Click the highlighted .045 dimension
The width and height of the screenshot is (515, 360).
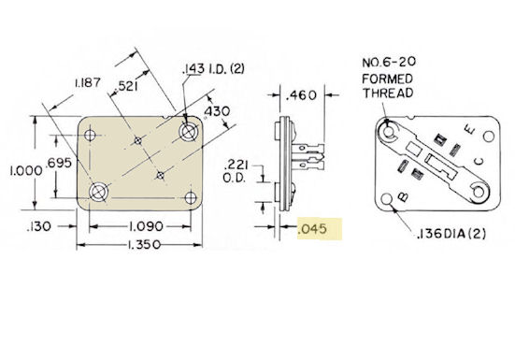tap(312, 229)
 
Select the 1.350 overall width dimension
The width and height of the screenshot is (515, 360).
tap(144, 245)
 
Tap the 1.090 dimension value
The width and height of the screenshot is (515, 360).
tap(146, 226)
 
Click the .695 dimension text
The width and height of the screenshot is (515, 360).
tap(59, 163)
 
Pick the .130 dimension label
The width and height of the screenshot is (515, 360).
tap(38, 226)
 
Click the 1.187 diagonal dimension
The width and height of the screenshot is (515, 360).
tap(87, 83)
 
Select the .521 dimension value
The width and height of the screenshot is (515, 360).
tap(127, 86)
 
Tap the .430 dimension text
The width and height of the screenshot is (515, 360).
tap(217, 111)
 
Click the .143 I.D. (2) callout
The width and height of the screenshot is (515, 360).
tap(213, 69)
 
